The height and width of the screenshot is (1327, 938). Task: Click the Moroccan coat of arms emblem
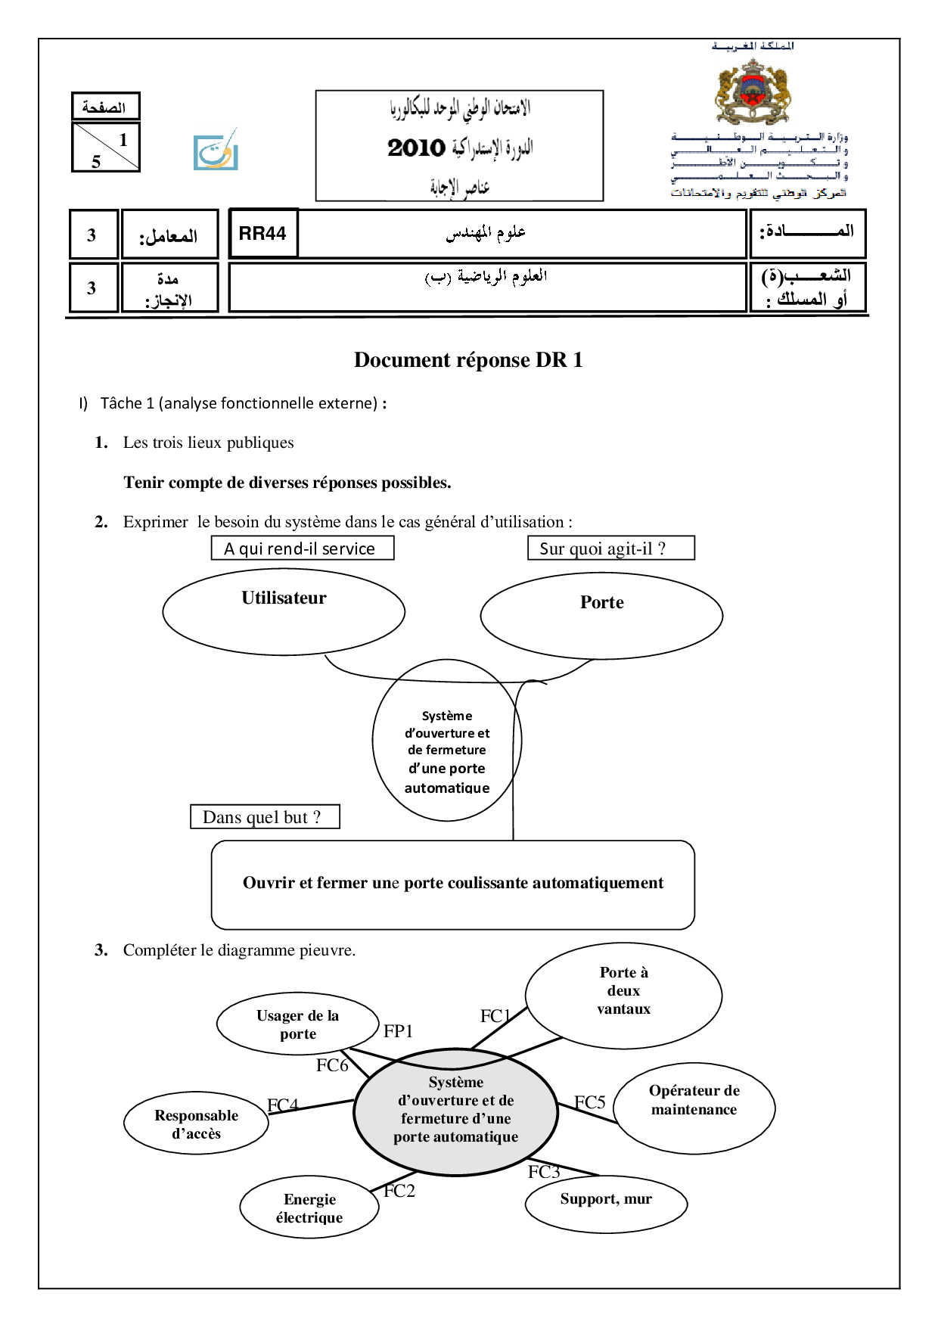753,92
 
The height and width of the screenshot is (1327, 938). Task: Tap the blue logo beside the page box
216,151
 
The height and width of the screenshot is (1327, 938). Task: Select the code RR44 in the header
262,234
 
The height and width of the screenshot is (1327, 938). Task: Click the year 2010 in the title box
416,148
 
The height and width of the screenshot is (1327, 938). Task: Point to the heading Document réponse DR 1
468,360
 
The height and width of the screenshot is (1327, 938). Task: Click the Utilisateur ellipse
284,611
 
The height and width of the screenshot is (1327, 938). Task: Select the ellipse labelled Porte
601,615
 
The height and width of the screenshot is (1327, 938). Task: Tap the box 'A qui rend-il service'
302,549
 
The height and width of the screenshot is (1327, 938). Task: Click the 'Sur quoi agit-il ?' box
610,549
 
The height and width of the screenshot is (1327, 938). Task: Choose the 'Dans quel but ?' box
265,817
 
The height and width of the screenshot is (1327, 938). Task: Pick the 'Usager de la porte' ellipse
297,1024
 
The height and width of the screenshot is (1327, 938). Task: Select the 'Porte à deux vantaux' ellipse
623,994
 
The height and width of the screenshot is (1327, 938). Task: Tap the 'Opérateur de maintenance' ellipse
694,1108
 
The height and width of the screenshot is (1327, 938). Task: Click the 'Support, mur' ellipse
606,1203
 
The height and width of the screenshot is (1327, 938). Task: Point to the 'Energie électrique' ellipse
309,1207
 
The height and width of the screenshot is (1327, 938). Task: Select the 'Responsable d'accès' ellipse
197,1123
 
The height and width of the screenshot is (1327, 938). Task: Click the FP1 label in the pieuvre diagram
398,1031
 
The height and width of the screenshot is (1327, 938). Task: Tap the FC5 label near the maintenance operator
590,1102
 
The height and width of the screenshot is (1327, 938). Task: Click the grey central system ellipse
455,1111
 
